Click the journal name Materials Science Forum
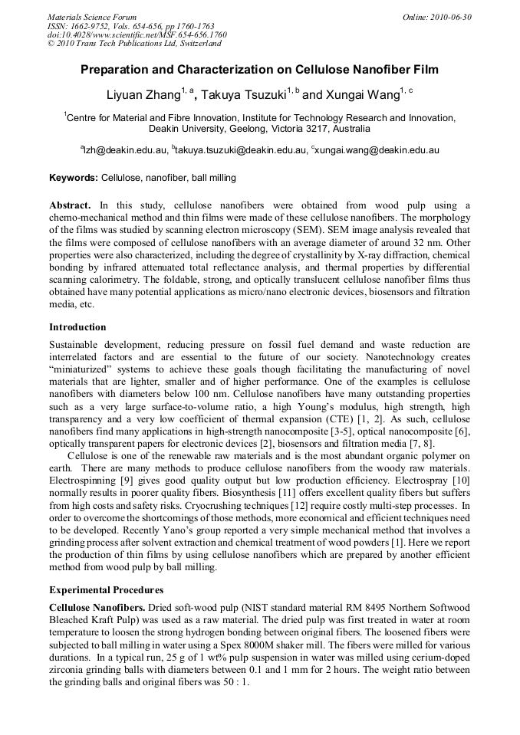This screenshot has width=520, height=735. (92, 17)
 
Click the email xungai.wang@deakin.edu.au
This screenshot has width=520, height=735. (377, 150)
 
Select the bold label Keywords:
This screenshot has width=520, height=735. (74, 178)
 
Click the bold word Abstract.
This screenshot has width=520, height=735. (69, 205)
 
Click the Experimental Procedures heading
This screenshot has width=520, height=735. (106, 590)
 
